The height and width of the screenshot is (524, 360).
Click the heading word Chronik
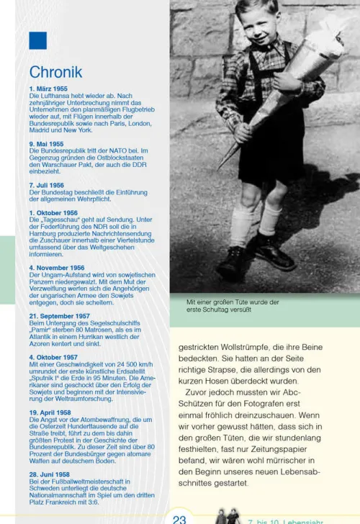tap(55, 72)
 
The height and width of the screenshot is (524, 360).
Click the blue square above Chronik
tap(38, 40)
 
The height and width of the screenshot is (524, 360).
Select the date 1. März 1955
tap(48, 89)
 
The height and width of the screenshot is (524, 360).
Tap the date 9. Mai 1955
tap(47, 144)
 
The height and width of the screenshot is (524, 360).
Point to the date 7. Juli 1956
tap(47, 185)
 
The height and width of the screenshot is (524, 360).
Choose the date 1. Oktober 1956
tap(53, 213)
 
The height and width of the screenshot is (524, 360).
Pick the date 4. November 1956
tap(57, 267)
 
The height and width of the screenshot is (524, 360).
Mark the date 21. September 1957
tap(60, 315)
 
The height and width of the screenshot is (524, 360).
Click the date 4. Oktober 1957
tap(53, 357)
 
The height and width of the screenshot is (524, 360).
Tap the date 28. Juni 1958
tap(50, 475)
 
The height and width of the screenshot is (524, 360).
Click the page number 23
tap(180, 517)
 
